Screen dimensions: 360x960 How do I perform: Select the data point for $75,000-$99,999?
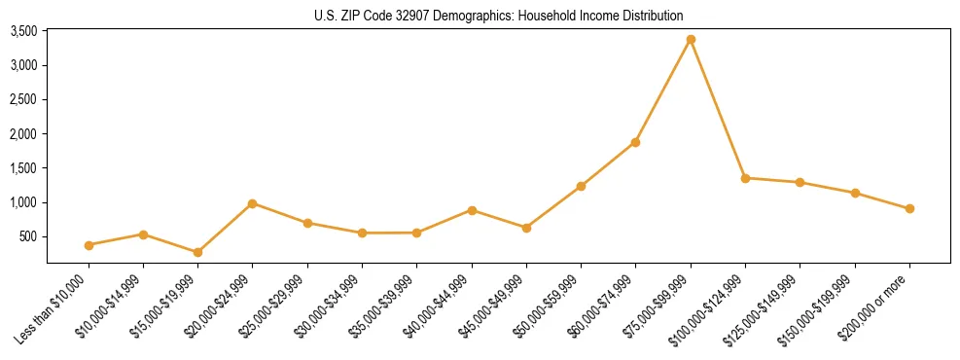click(691, 40)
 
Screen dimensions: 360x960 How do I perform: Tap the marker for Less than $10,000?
click(89, 245)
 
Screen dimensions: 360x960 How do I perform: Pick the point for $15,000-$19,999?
click(197, 252)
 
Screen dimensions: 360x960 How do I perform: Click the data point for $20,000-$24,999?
click(252, 203)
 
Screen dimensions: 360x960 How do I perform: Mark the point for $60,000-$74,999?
click(635, 142)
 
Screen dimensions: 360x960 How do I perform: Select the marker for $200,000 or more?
click(909, 208)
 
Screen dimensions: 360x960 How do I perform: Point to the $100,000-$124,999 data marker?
click(745, 178)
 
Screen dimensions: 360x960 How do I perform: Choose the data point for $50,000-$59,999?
click(581, 186)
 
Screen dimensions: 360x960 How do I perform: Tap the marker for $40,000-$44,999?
click(472, 210)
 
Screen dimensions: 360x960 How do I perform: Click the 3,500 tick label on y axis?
click(23, 31)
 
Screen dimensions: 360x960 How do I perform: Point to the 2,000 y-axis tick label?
click(23, 134)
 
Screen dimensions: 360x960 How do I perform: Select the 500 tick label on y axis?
click(28, 236)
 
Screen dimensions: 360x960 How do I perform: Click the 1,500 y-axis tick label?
click(23, 168)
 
